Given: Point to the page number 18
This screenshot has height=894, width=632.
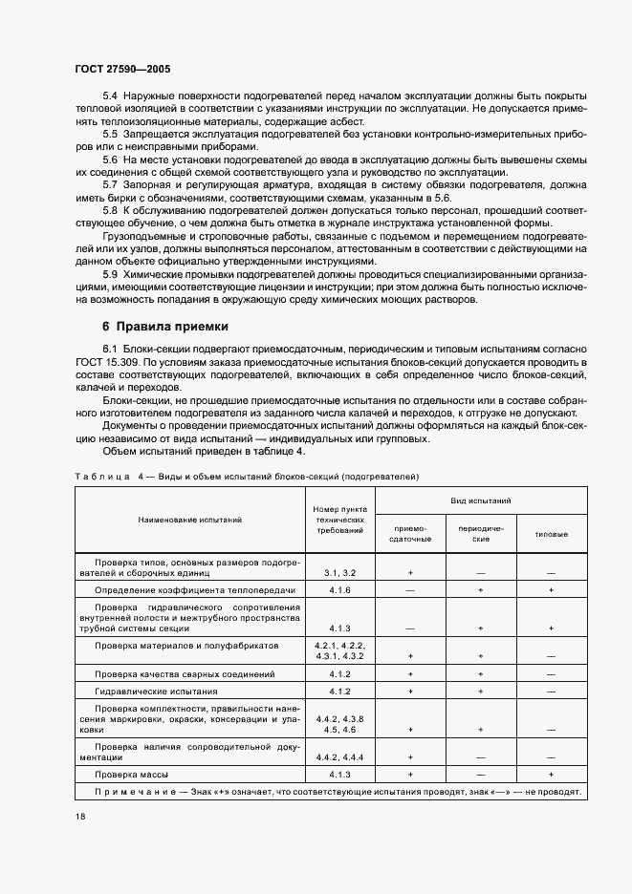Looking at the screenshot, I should (80, 818).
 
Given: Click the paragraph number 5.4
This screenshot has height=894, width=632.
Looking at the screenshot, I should (109, 96).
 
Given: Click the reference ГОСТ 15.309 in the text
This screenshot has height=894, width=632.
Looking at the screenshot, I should (108, 364).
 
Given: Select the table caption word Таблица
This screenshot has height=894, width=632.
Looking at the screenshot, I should (102, 476).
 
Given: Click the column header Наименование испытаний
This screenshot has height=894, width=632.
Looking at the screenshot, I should (188, 520).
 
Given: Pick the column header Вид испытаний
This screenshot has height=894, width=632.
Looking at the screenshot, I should (480, 500).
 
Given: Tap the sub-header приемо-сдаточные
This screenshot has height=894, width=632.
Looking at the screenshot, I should (409, 533).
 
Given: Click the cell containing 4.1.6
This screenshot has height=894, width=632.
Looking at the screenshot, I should (339, 591).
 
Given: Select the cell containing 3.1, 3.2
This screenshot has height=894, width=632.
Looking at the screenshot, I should (339, 572).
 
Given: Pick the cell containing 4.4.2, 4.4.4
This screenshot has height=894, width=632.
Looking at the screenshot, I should (339, 756).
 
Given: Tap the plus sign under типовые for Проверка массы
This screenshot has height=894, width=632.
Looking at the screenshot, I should (551, 773).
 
